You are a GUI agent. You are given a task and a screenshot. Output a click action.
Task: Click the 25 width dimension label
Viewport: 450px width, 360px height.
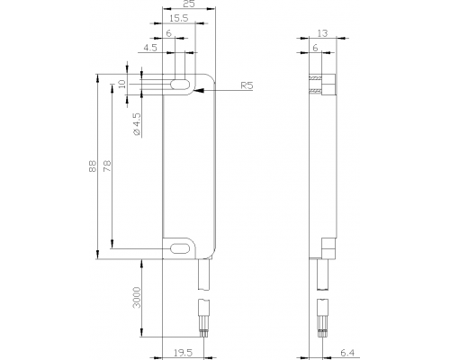tap(188, 4)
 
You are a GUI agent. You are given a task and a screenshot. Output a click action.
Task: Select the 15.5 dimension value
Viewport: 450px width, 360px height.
tap(179, 18)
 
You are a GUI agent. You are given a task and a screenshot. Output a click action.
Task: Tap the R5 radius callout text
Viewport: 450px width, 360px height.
tap(247, 85)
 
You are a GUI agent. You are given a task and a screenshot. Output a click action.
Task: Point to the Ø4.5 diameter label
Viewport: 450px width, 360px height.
tap(137, 124)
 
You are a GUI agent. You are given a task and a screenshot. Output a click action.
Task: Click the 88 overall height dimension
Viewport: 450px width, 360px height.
tap(93, 166)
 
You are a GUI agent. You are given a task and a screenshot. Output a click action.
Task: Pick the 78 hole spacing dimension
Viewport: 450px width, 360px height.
tap(107, 166)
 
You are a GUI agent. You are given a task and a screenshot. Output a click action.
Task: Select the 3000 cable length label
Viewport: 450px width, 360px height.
tap(137, 297)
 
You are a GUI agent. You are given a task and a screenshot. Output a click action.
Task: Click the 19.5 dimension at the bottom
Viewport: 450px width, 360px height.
tap(183, 353)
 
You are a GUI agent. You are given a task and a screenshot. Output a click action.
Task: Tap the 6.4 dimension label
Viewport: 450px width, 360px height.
tap(347, 353)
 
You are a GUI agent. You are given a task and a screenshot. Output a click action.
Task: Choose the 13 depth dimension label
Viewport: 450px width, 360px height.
tap(322, 33)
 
